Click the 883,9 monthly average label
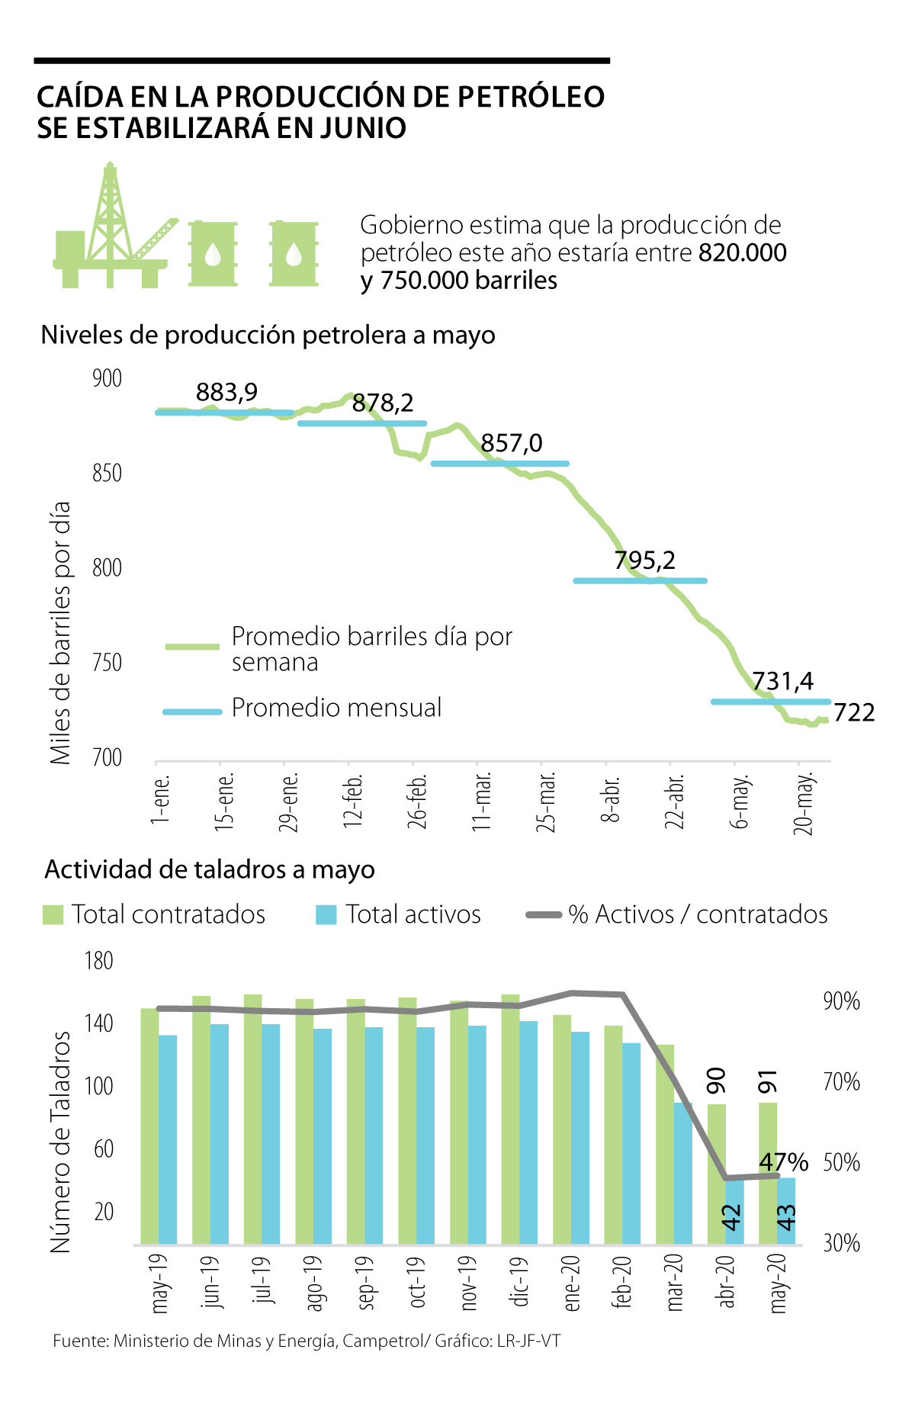tap(226, 392)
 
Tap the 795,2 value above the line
tap(644, 561)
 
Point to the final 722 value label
tap(854, 712)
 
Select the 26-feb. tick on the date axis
tap(417, 801)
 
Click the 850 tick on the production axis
tap(107, 474)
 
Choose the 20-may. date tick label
tap(804, 803)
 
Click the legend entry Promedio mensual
tap(336, 708)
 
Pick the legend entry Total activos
tap(413, 914)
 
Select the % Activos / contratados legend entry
tap(697, 914)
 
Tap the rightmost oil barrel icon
tap(294, 254)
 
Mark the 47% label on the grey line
tap(784, 1162)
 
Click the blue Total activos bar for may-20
tap(786, 1213)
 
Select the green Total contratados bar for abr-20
tap(717, 1174)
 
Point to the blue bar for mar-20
tap(683, 1174)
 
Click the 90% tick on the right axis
tap(841, 1001)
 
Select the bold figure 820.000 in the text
tap(742, 253)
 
